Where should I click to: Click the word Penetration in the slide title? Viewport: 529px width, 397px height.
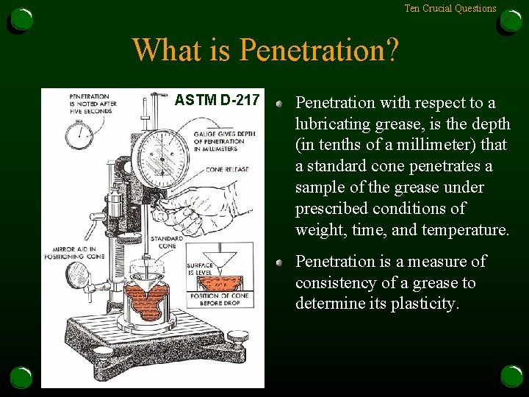pos(319,50)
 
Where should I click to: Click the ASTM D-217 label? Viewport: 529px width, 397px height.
pos(217,99)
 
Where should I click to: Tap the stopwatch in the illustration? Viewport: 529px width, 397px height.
pos(79,134)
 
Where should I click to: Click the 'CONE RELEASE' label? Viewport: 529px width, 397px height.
pos(227,169)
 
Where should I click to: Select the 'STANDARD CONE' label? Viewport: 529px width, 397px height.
pos(167,242)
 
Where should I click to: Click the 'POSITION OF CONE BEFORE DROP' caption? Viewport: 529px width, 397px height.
pos(220,299)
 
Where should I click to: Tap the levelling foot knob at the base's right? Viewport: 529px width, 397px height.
pos(237,338)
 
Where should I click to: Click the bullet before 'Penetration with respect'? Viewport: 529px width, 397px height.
pos(281,103)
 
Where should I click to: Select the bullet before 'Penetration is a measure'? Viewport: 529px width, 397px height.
pos(281,262)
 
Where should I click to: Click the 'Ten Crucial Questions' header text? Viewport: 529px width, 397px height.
pos(450,9)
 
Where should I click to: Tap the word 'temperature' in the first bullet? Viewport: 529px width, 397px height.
pos(464,230)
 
